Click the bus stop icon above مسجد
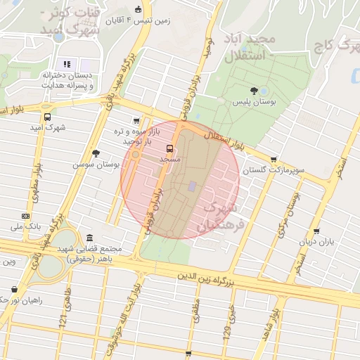[x=169, y=148]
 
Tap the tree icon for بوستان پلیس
[x=254, y=90]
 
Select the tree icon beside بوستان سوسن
[x=96, y=153]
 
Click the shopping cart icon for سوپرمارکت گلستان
[x=274, y=160]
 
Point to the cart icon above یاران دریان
[x=317, y=231]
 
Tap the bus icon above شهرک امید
[x=47, y=117]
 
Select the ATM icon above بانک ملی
[x=25, y=216]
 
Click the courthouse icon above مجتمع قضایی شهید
[x=89, y=238]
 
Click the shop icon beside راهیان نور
[x=15, y=289]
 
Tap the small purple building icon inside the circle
[x=193, y=186]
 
